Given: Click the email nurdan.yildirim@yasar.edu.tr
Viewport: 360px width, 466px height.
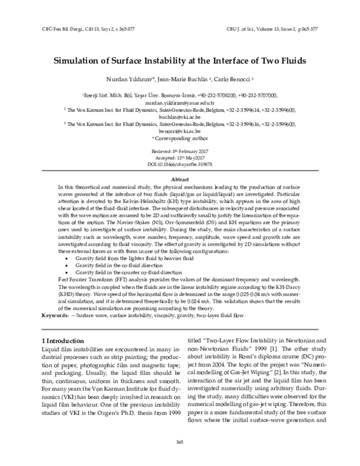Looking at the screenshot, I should click(x=180, y=102).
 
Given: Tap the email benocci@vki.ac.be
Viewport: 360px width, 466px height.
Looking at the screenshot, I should click(x=180, y=130).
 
